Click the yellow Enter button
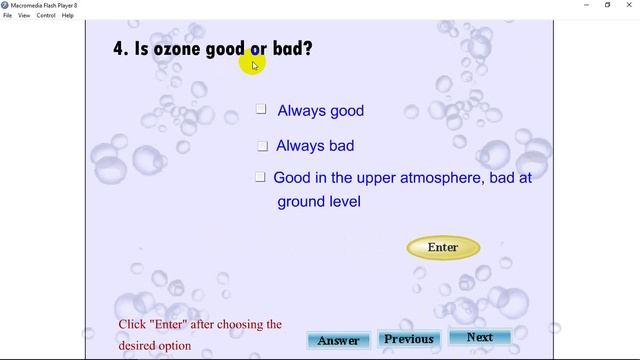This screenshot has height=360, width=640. click(x=443, y=247)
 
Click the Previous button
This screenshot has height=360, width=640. click(x=409, y=339)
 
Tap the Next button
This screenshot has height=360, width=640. click(x=480, y=338)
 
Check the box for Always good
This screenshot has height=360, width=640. click(x=261, y=109)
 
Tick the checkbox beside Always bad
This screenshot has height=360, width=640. click(x=262, y=146)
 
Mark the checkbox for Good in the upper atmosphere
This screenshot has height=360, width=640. click(x=260, y=177)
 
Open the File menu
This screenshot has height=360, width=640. click(x=7, y=15)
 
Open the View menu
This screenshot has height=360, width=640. click(x=24, y=15)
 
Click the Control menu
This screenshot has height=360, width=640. click(x=46, y=15)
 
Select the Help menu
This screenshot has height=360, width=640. click(x=68, y=15)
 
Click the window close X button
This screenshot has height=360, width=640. click(x=630, y=5)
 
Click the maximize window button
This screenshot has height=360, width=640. click(x=607, y=5)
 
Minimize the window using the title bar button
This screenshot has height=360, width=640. click(x=584, y=5)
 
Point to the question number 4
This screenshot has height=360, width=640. click(x=119, y=48)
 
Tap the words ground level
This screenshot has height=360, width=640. click(x=319, y=202)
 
